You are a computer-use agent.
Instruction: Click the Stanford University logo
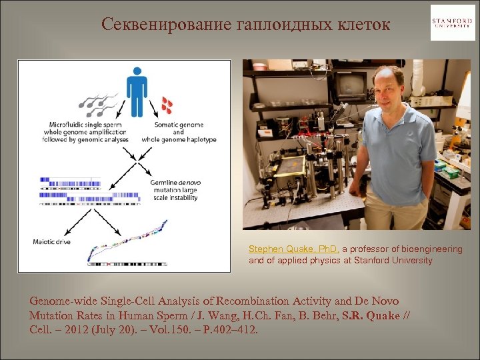tap(453, 23)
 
